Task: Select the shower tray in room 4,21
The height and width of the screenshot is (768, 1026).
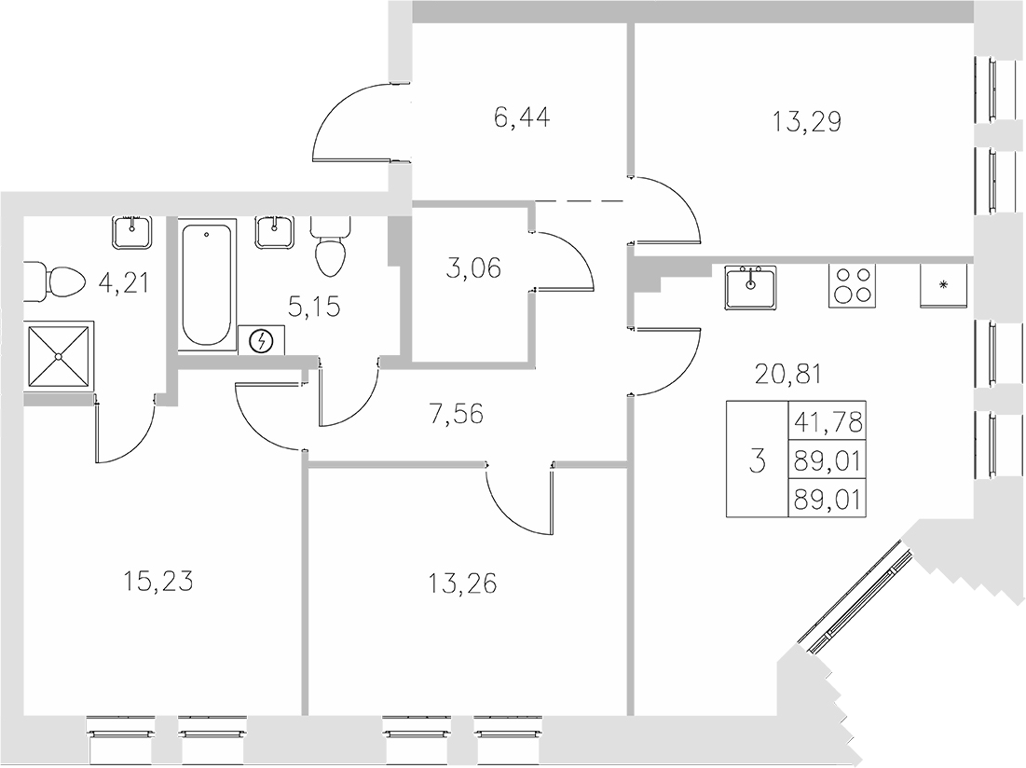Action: coord(59,356)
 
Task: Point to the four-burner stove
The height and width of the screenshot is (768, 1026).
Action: coord(852,286)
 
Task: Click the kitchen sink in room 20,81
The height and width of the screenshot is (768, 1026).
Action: coord(751,286)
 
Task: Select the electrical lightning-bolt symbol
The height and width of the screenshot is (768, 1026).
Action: coord(263,341)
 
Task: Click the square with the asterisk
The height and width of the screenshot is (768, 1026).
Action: coord(943,285)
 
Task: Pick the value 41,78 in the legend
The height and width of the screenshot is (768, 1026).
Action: coord(826,422)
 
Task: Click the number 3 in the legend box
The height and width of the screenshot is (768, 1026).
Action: coord(757,459)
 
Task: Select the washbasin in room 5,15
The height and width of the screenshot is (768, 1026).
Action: coord(275,232)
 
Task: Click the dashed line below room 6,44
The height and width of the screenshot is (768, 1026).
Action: coord(579,200)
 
